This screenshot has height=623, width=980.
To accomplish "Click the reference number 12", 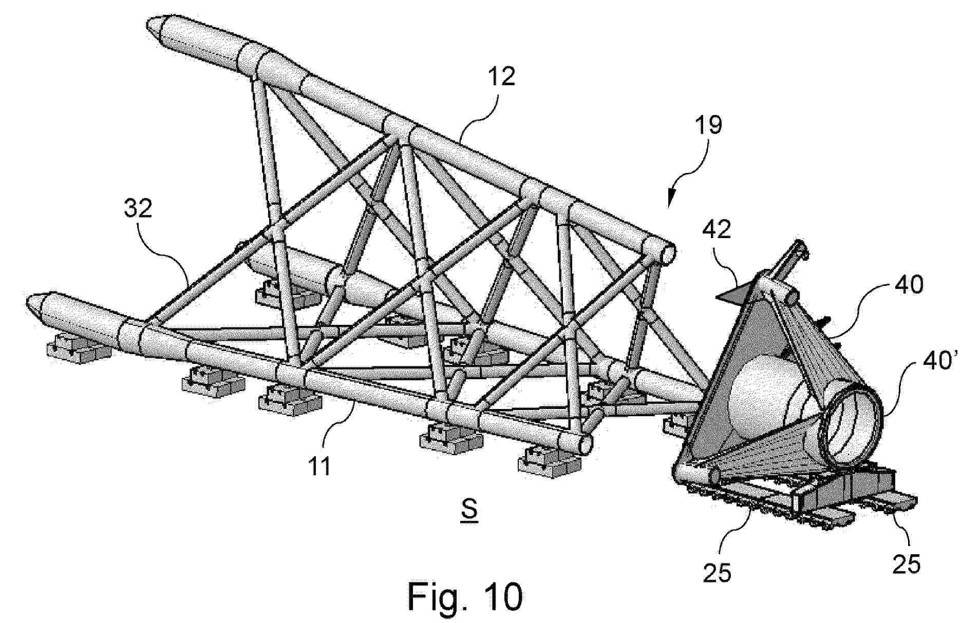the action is click(501, 76).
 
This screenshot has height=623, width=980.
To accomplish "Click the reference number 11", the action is click(319, 466).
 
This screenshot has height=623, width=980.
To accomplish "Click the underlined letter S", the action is click(469, 510).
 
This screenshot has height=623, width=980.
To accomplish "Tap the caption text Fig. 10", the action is click(465, 596).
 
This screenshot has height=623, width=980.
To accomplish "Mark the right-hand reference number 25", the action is click(906, 563).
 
